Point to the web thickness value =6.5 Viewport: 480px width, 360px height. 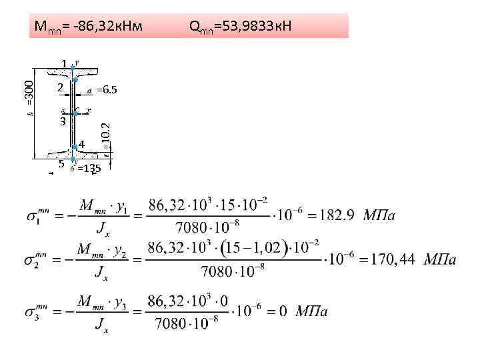107,89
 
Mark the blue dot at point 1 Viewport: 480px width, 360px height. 72,67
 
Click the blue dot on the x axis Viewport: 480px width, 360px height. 75,115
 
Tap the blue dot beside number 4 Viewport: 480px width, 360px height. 73,146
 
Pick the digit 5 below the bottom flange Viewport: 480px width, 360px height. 60,163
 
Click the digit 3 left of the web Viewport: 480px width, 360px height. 62,122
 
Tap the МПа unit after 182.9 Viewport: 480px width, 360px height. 379,215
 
